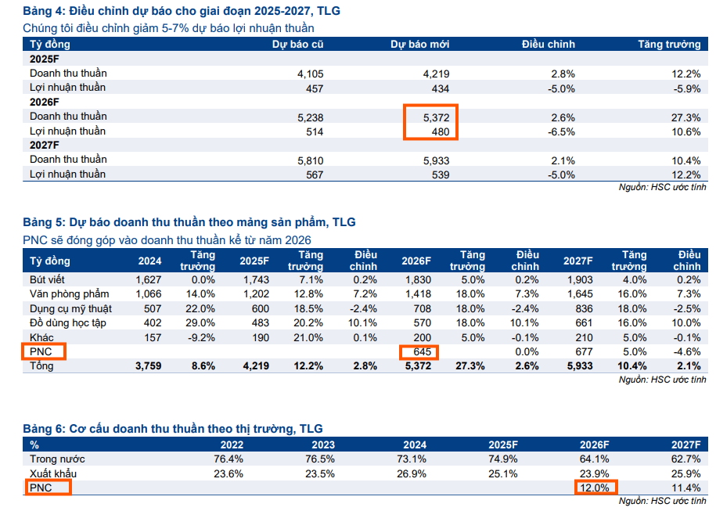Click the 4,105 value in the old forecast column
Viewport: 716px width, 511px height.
pyautogui.click(x=311, y=74)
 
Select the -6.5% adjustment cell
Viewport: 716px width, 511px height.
pyautogui.click(x=562, y=131)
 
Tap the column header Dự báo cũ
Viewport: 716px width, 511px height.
pyautogui.click(x=298, y=45)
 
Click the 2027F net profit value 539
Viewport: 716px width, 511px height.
pyautogui.click(x=441, y=175)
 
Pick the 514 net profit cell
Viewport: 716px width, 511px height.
pyautogui.click(x=314, y=131)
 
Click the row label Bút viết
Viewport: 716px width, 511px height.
pyautogui.click(x=49, y=280)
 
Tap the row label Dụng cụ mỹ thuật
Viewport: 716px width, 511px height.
pyautogui.click(x=71, y=308)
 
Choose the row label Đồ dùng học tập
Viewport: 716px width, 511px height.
pyautogui.click(x=67, y=322)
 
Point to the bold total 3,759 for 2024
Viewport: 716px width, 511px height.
pyautogui.click(x=149, y=365)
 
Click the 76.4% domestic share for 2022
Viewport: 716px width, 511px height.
pyautogui.click(x=229, y=459)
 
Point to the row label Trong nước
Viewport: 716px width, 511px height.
pyautogui.click(x=57, y=459)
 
